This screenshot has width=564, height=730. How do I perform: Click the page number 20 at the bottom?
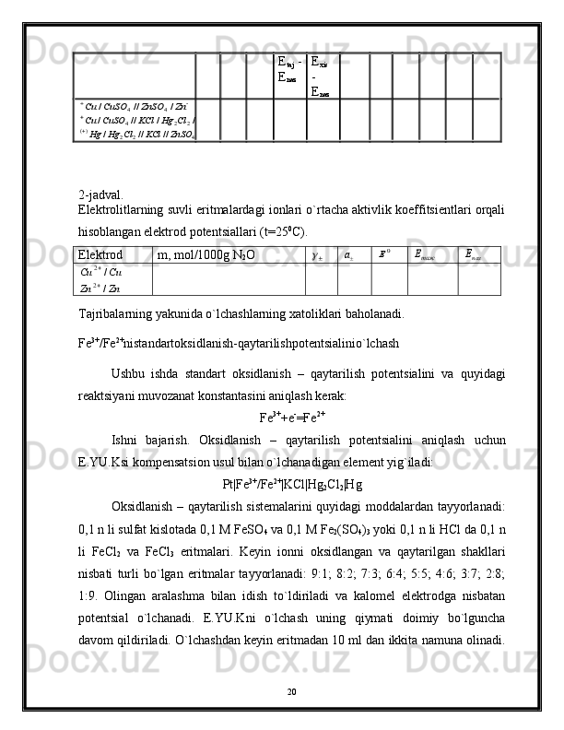281,690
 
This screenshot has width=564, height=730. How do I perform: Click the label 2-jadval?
101,194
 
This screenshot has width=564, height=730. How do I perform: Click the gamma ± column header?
318,253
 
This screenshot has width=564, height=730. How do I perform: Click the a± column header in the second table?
350,253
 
